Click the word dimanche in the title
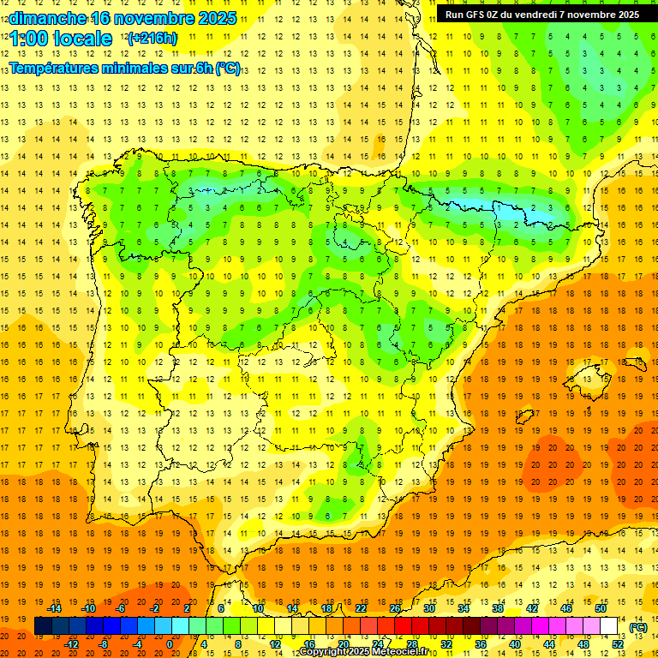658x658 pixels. click(48, 18)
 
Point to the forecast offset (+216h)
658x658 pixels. click(153, 39)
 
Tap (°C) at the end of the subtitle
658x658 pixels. click(228, 69)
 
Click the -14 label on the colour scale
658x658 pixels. click(54, 608)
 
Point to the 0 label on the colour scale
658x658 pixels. click(170, 644)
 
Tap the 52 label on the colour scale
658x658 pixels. click(618, 644)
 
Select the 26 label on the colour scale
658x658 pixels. click(395, 608)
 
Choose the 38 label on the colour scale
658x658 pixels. click(498, 608)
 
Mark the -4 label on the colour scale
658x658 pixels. click(137, 644)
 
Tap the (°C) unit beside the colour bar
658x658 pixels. click(638, 626)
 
